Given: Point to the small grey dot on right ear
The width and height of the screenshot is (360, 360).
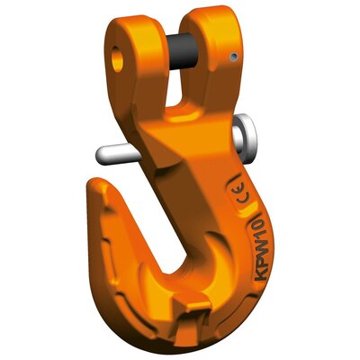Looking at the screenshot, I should coord(233,58).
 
